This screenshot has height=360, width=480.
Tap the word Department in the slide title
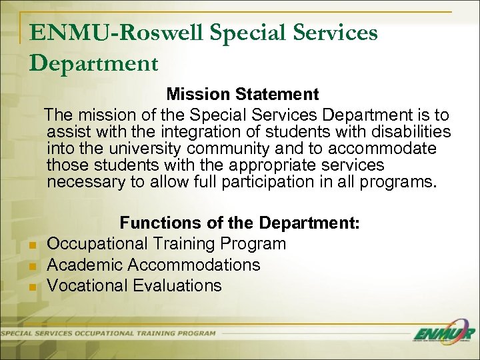click(x=94, y=63)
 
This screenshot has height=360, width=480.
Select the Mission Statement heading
click(x=243, y=94)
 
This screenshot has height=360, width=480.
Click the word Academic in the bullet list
click(x=85, y=265)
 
